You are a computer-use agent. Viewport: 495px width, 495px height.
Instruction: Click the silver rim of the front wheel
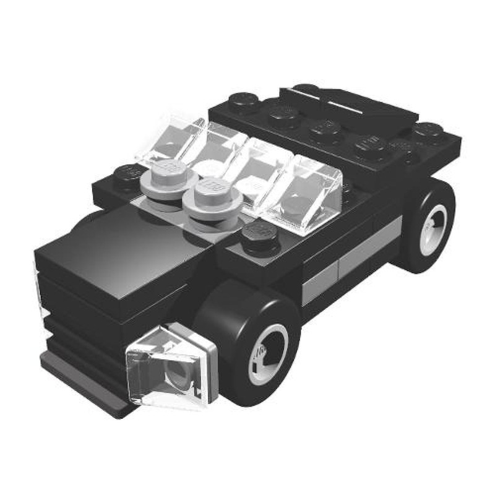coord(268,353)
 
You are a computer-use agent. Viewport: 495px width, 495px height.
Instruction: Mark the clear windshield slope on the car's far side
coord(176,139)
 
